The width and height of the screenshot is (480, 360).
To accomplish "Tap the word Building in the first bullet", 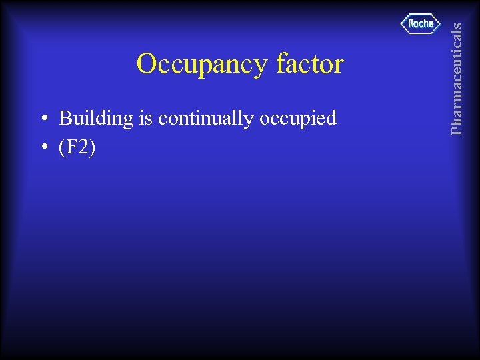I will [x=97, y=119].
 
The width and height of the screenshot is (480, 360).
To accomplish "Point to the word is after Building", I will [x=146, y=119].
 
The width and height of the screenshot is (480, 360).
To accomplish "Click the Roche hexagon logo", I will [x=421, y=24].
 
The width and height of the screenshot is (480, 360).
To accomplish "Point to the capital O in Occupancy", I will [x=147, y=64].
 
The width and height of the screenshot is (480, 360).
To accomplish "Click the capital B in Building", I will [x=66, y=119].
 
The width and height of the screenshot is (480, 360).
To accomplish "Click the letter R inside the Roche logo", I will [x=411, y=24].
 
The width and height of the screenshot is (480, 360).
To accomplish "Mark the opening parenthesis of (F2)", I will [x=63, y=147].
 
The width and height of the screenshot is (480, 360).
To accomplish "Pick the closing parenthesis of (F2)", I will [x=93, y=147].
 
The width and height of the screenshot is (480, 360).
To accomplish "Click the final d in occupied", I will [x=331, y=119].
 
